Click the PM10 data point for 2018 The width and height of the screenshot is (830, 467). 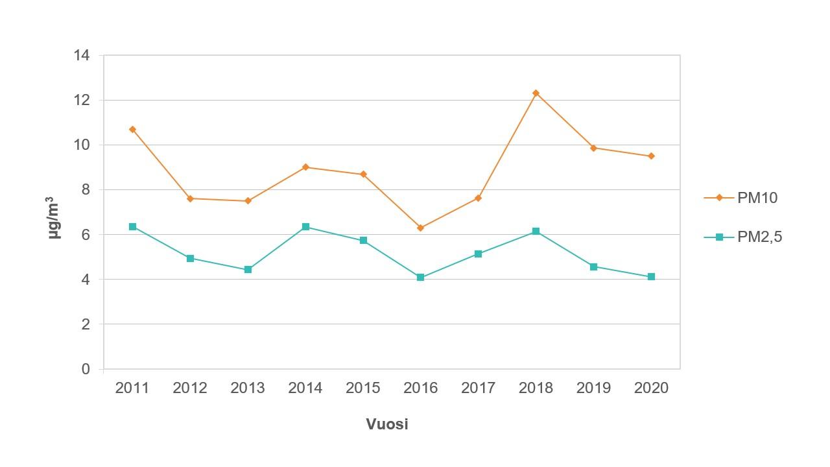(536, 93)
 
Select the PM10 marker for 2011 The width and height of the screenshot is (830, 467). (132, 130)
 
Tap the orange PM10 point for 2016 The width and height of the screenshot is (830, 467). (420, 228)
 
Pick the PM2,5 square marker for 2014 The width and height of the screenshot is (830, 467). (305, 227)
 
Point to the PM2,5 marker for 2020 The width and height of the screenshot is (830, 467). (651, 277)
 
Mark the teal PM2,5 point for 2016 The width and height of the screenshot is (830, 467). (420, 278)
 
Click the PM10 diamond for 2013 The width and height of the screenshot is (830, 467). (248, 201)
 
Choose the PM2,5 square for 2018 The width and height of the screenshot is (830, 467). (536, 232)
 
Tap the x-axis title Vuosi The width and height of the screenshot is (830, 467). (387, 424)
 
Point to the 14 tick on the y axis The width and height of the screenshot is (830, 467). (82, 55)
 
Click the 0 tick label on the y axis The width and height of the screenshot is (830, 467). (86, 369)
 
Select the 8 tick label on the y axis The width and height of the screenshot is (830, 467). (86, 190)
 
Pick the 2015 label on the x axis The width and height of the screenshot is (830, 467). (363, 388)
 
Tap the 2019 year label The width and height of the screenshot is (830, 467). (593, 388)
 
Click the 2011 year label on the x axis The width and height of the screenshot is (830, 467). (132, 388)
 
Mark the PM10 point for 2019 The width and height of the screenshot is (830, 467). (593, 148)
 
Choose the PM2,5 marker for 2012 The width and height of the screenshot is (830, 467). (190, 258)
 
